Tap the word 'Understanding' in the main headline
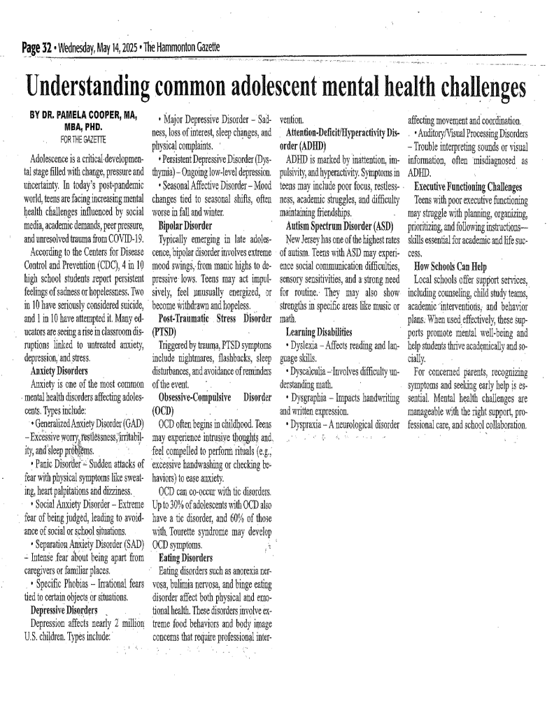85,87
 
